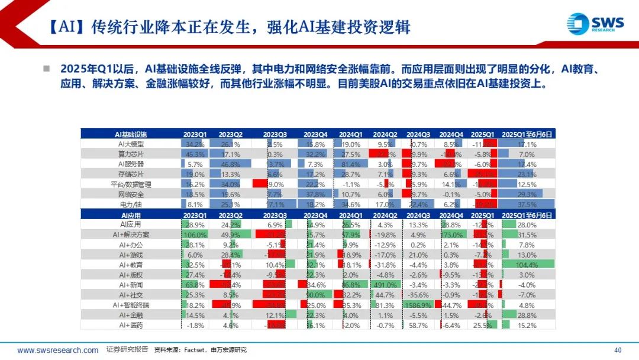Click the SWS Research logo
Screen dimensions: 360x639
(595, 24)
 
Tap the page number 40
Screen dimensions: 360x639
(618, 350)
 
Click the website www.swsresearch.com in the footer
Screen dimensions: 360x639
(58, 350)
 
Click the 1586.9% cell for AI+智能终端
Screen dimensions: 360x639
(418, 305)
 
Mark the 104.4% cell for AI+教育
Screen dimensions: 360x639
(527, 265)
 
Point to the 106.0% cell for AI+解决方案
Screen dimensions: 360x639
(195, 234)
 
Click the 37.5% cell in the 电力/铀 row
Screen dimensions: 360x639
(527, 204)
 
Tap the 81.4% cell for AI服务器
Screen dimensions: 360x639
(351, 164)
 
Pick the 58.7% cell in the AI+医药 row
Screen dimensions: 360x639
(418, 325)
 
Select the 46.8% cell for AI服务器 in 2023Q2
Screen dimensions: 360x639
(230, 164)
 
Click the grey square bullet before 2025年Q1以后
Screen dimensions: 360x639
(46, 69)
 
